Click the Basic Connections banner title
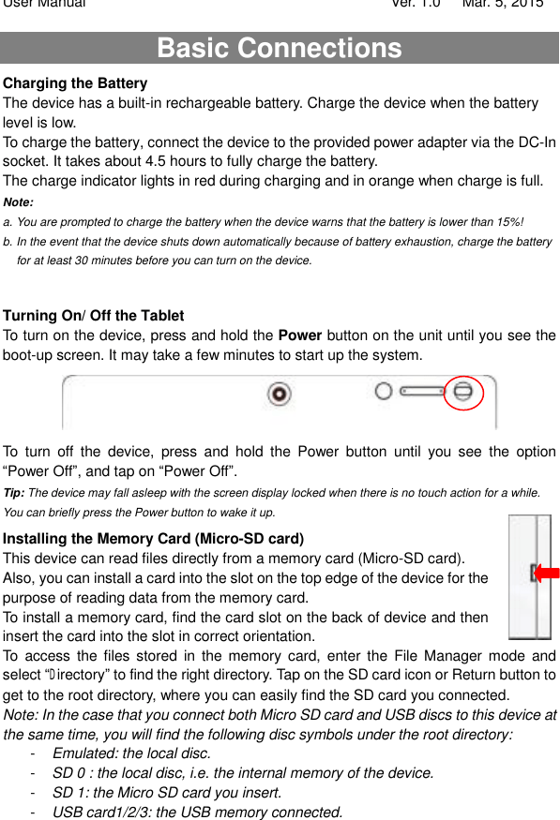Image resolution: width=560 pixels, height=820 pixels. point(280,48)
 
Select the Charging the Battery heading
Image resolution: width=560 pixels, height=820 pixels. point(75,83)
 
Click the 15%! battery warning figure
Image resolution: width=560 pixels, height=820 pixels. point(510,222)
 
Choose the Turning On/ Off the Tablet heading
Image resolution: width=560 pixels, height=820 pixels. point(93,315)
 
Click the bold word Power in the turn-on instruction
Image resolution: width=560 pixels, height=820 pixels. point(300,335)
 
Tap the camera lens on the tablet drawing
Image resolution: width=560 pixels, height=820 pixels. point(279,394)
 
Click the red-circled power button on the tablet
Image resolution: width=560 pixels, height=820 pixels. point(462,392)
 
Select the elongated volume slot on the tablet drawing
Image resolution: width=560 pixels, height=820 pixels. point(422,391)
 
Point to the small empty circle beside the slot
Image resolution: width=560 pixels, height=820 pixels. point(384,391)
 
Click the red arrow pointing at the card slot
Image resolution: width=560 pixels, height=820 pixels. point(546,574)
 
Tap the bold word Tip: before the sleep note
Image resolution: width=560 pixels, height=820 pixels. point(14,493)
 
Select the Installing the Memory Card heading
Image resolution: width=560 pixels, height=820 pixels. point(153,539)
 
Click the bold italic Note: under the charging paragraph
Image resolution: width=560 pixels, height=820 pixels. point(19,202)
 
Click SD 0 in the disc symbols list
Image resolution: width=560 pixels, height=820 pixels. point(69,773)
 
